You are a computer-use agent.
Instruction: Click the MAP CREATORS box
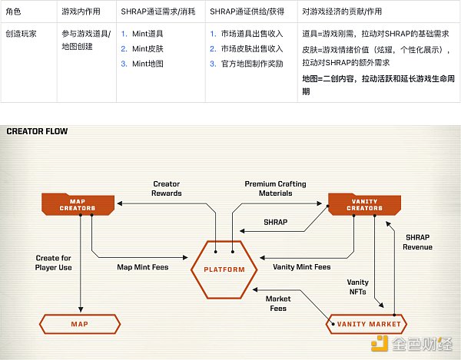pos(77,203)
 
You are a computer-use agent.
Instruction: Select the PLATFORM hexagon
pos(224,269)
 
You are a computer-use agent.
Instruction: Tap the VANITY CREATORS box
pos(365,203)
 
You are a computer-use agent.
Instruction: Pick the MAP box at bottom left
pos(79,324)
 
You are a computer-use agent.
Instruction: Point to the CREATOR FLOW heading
pos(37,131)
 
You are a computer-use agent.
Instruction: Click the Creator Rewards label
pos(167,188)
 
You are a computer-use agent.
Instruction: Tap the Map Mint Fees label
pos(142,267)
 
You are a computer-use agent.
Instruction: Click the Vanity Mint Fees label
pos(302,267)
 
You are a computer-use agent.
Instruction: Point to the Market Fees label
pos(278,303)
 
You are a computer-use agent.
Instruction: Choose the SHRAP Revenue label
pos(417,242)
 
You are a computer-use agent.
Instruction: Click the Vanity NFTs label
pos(358,287)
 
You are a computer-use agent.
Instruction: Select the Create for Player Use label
pos(54,263)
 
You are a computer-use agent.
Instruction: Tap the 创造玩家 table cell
pos(21,35)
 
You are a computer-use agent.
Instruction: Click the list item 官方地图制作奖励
pos(254,64)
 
